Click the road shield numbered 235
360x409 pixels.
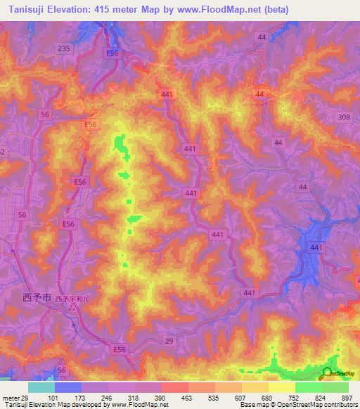[x=65, y=48]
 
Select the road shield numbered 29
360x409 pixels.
[x=168, y=340]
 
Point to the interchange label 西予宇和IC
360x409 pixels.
[x=75, y=299]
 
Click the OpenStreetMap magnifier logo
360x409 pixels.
[x=328, y=375]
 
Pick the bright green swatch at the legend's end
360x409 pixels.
[x=335, y=387]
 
